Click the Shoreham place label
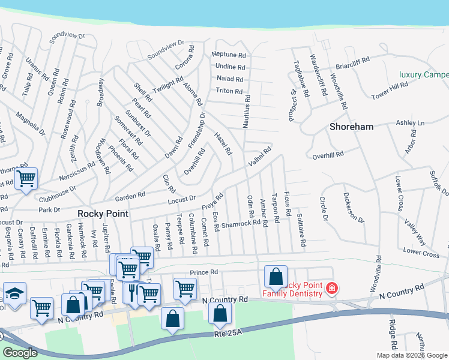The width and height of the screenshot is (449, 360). [351, 127]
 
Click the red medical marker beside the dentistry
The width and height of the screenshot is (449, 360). [331, 289]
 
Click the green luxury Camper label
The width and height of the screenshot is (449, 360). [424, 75]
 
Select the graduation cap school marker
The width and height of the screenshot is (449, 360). [14, 293]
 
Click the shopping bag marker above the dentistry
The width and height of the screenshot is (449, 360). [276, 276]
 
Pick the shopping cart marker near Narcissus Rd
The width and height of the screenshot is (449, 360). [26, 178]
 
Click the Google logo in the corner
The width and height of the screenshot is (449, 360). [20, 353]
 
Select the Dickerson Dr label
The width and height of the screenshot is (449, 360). [354, 208]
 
